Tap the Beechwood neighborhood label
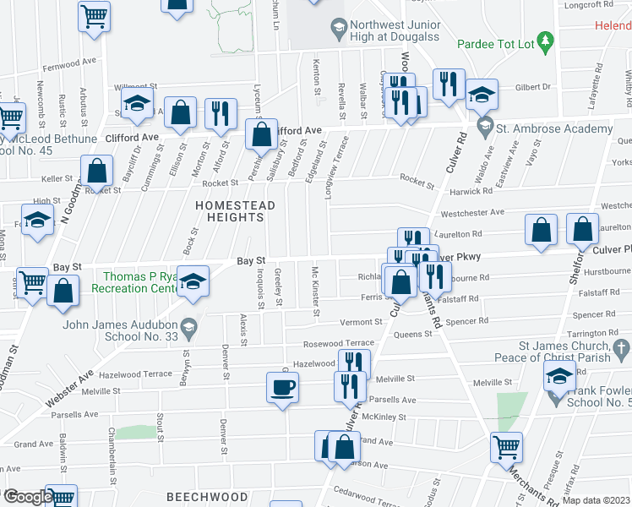point(207,496)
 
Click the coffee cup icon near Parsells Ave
point(282,387)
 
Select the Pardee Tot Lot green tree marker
point(546,41)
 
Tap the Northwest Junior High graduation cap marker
point(339,29)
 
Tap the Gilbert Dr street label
point(532,86)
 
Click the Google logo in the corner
point(27,496)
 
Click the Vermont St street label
point(362,322)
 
